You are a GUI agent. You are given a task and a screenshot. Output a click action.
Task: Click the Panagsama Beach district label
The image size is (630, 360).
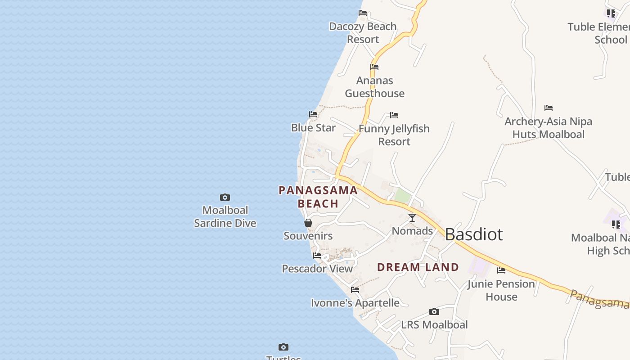[318, 197]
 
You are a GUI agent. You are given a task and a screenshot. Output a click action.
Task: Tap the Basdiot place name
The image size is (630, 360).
[473, 234]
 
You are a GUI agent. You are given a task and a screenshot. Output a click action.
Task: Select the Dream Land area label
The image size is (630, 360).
[418, 267]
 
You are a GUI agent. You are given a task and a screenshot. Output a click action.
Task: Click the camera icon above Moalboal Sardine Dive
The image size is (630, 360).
[225, 197]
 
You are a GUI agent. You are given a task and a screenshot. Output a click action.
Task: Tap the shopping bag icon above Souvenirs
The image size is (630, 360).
[308, 223]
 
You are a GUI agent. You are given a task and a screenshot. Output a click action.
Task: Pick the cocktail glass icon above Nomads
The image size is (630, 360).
[412, 218]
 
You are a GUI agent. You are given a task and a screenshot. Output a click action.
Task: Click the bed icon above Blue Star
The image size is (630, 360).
[313, 114]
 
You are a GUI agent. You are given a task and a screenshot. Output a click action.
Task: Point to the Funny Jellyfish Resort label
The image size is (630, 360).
[394, 135]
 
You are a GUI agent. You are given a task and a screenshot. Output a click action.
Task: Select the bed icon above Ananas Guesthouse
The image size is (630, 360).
[374, 67]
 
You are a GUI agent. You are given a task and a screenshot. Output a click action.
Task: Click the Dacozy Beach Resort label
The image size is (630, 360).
[363, 33]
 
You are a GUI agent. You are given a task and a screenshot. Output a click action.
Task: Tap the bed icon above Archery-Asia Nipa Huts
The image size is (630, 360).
[548, 108]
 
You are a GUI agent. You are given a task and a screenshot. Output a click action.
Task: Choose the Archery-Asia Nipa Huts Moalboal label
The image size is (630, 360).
[548, 128]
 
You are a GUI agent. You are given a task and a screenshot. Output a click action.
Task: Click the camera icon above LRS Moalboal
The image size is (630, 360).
[434, 311]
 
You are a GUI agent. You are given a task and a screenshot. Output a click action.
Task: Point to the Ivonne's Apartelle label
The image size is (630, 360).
[355, 303]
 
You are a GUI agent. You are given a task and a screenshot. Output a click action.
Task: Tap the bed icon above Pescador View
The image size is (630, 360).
[317, 256]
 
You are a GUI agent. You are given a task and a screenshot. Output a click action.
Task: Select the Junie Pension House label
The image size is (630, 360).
[501, 290]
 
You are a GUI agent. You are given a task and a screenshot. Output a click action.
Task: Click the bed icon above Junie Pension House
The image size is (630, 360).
[501, 270]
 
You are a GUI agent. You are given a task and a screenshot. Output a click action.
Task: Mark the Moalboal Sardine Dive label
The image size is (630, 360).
[225, 216]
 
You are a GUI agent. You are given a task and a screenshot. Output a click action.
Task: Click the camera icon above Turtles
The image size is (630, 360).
[283, 347]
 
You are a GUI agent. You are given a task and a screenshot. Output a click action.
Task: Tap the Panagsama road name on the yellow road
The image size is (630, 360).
[598, 299]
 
